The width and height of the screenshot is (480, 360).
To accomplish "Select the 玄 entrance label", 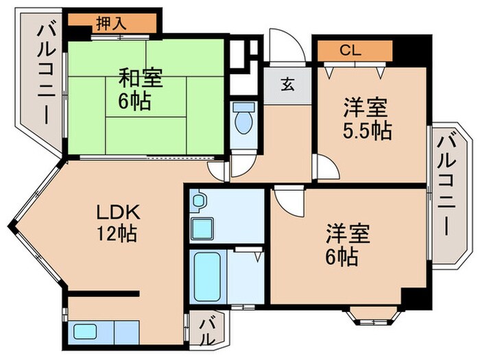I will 287,86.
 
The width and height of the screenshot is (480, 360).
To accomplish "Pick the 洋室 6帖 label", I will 348,245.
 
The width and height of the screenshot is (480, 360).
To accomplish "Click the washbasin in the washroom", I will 199,200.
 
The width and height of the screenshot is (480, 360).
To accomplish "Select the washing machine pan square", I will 202,227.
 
